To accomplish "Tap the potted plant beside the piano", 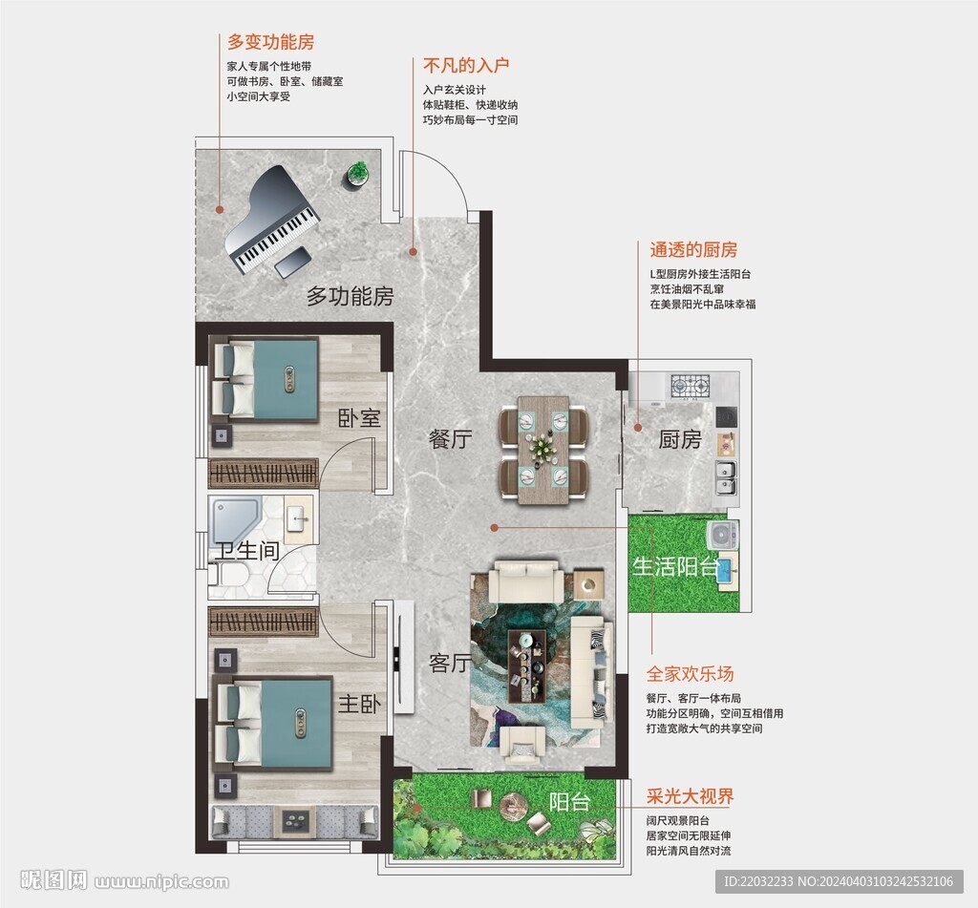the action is coord(356,174).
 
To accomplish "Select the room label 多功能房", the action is coord(350,296).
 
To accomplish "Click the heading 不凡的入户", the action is coord(466,65).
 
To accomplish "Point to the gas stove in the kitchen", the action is coord(691,386).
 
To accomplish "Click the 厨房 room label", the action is coord(680,439).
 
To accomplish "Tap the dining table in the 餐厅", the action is coord(543,449).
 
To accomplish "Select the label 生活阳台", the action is coord(676,565).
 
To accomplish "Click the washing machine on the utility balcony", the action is coord(722,535).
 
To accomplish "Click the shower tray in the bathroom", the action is coord(235,519).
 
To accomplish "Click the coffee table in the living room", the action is coord(527,665).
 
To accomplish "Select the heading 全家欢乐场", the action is coord(690,674).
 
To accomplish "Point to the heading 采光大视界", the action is coord(690,796).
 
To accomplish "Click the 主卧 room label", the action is coord(359,704).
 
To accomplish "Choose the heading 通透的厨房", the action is coord(693,250).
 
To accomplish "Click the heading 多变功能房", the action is coord(270,42).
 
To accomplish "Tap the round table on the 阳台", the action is coord(513,804).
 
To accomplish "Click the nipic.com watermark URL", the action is coord(161,882).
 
